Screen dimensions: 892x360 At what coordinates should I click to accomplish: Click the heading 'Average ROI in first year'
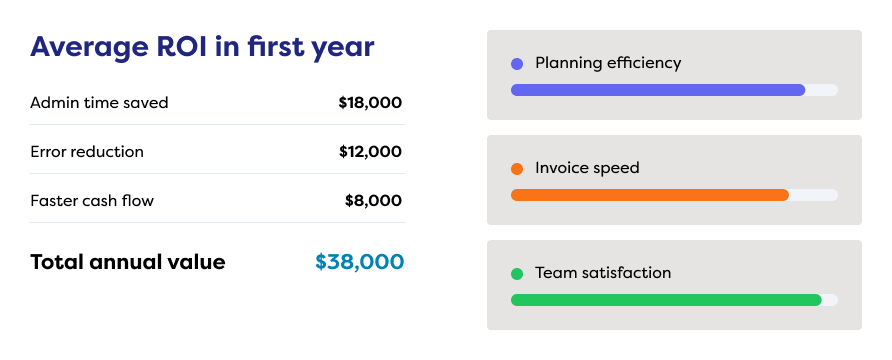(x=202, y=48)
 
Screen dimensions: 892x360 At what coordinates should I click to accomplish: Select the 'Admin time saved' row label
(x=99, y=103)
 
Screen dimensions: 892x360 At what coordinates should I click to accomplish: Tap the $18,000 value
(x=370, y=103)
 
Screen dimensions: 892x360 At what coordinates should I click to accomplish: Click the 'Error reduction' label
(x=86, y=152)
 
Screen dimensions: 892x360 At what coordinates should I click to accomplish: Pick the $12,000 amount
(x=370, y=152)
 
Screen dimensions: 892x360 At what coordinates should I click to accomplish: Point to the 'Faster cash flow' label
(x=92, y=201)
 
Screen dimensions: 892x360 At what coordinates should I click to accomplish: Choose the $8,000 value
(x=373, y=201)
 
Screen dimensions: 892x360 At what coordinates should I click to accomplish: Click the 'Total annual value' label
(x=127, y=262)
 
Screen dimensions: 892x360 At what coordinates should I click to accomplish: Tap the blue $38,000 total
(x=360, y=262)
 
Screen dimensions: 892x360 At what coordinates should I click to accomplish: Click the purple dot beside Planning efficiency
(x=517, y=64)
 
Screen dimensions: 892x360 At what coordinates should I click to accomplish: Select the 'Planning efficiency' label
(x=608, y=63)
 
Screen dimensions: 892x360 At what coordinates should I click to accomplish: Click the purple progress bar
(x=658, y=90)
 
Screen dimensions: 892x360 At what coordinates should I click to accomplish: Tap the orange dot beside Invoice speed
(x=517, y=169)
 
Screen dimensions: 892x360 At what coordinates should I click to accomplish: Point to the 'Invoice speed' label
(x=587, y=168)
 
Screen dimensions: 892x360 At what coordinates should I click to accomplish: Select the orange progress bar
(x=650, y=195)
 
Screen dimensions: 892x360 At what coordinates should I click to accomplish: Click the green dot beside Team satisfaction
(x=517, y=274)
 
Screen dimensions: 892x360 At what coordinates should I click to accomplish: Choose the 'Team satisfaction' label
(x=603, y=273)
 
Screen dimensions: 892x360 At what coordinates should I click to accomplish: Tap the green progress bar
(x=666, y=300)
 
